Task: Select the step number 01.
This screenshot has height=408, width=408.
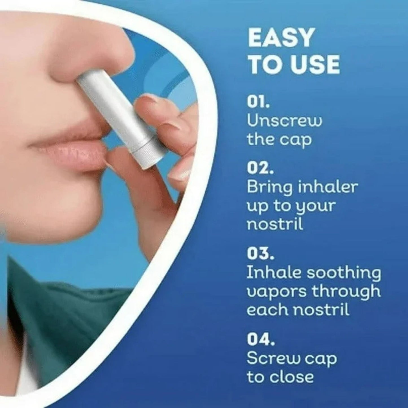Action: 258,102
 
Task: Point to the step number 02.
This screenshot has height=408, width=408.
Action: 260,168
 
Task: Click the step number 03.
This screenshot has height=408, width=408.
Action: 260,254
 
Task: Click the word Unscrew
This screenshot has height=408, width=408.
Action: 284,121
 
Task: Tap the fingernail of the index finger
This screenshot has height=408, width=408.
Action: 150,100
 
